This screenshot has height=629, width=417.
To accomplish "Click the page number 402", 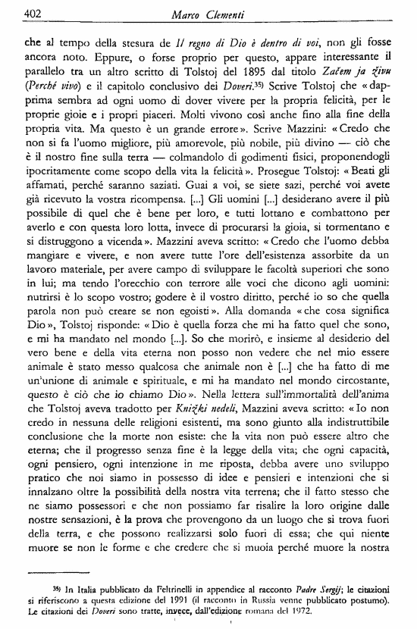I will click(x=33, y=13).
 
